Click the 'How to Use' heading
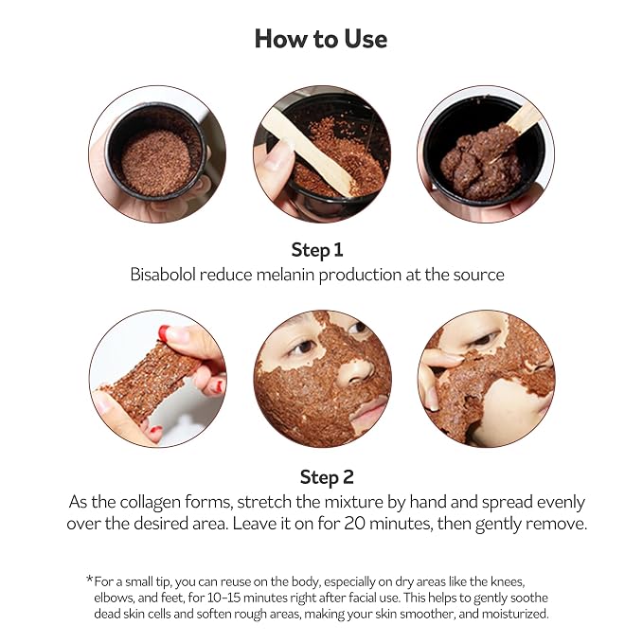point(321,40)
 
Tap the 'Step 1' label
point(317,250)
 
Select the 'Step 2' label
point(327,477)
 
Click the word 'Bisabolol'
point(163,275)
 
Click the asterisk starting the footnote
point(90,579)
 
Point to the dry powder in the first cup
point(156,162)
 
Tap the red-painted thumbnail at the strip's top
point(165,330)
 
